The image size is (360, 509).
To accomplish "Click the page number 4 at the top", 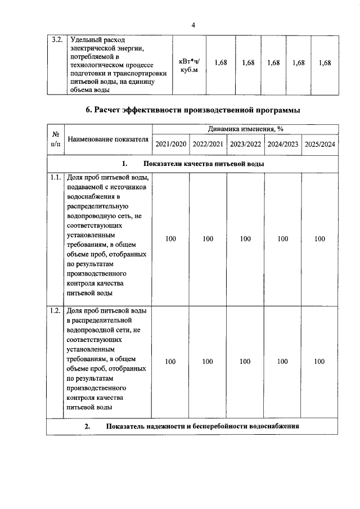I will (x=192, y=25).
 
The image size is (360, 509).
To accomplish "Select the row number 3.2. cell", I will (x=56, y=40).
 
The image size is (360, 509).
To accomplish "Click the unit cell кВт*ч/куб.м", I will (x=188, y=65).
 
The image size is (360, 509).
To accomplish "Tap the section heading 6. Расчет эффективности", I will (x=192, y=109).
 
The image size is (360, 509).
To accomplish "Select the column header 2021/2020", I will (x=170, y=145).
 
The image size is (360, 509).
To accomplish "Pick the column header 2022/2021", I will (x=208, y=145).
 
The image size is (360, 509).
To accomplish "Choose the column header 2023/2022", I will (x=245, y=145).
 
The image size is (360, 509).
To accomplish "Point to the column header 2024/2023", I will (x=282, y=145).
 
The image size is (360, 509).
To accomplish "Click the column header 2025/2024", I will (x=319, y=145).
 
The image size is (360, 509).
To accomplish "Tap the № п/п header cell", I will (x=56, y=139).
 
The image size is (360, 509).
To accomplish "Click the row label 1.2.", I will (x=55, y=310).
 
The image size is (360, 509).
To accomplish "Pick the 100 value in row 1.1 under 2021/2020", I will (x=170, y=239).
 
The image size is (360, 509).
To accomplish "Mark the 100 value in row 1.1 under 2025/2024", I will (x=319, y=239).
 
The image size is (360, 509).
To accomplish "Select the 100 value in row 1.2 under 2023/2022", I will (x=245, y=362).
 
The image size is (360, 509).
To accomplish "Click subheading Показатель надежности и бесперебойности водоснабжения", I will (x=201, y=426).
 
